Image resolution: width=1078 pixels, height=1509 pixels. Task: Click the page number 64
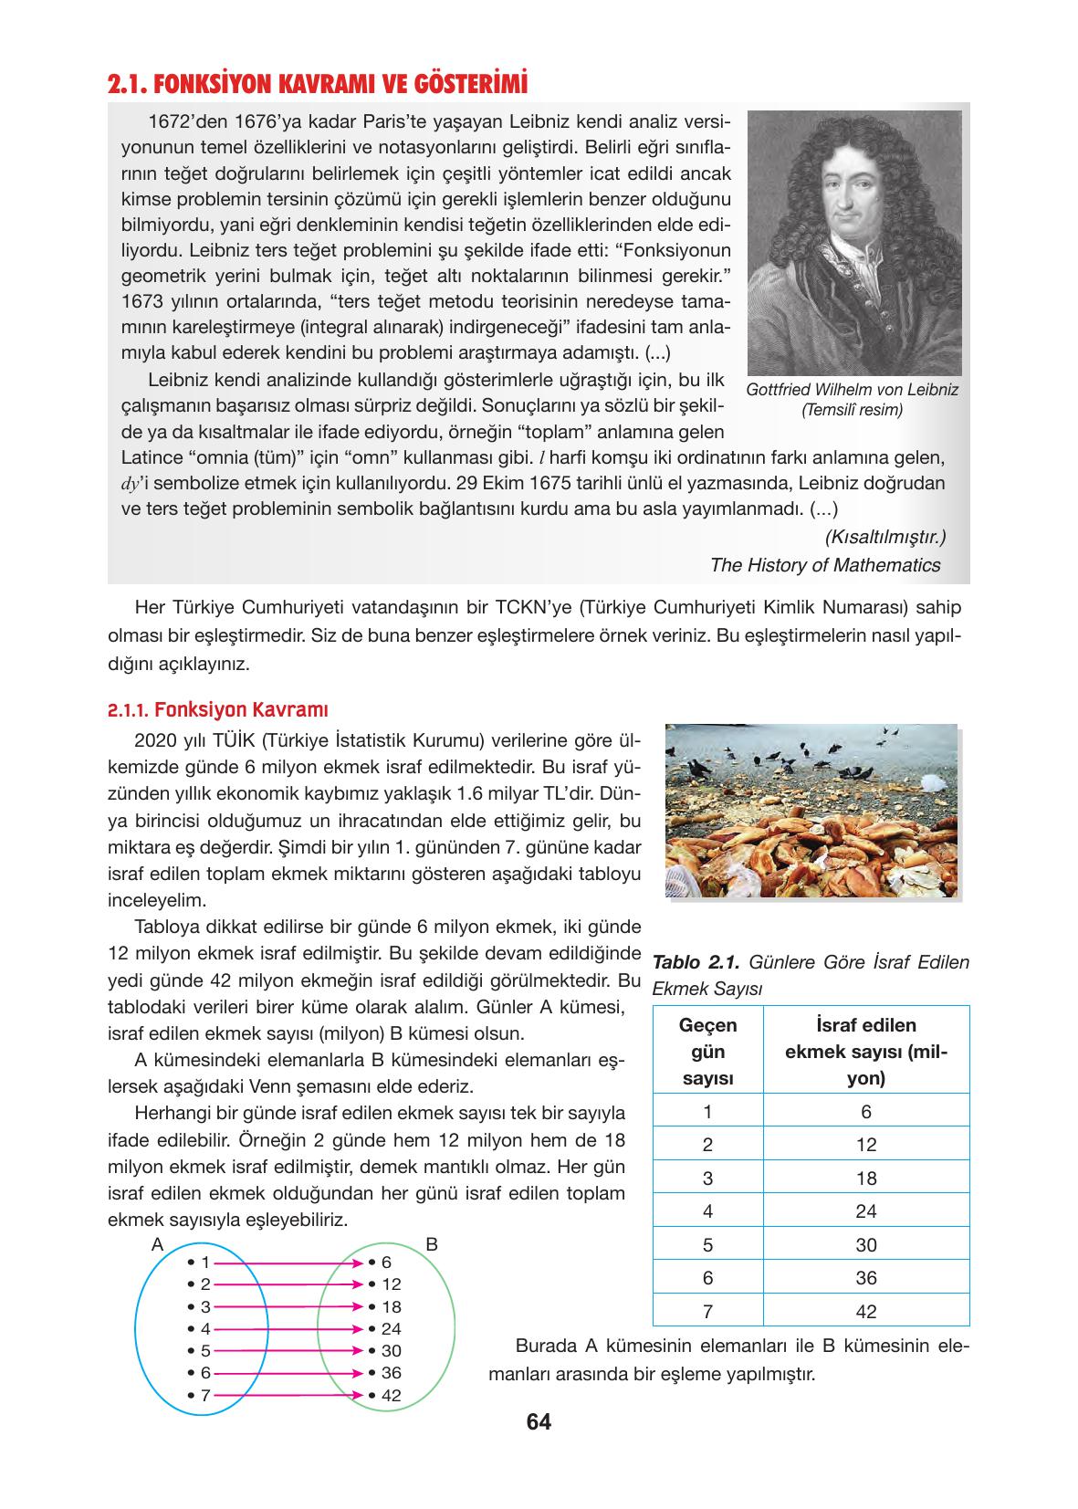[539, 1421]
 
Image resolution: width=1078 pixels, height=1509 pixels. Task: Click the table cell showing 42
[865, 1311]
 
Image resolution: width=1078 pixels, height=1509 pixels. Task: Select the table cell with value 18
[865, 1178]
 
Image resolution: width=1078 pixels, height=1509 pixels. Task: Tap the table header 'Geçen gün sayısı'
[707, 1051]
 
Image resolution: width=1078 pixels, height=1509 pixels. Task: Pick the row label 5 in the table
[707, 1244]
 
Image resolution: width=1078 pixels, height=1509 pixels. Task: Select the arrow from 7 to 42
[288, 1395]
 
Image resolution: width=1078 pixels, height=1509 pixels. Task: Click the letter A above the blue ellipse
[157, 1243]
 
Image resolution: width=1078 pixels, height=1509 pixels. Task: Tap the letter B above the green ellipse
[433, 1243]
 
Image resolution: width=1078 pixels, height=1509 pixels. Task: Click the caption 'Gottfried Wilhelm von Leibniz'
[852, 390]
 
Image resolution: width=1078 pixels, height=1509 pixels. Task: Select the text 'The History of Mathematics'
[824, 565]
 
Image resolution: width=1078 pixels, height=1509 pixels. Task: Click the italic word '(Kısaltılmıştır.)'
[884, 537]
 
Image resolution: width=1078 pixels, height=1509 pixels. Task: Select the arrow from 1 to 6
[288, 1263]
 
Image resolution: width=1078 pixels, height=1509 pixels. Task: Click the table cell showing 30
[865, 1244]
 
